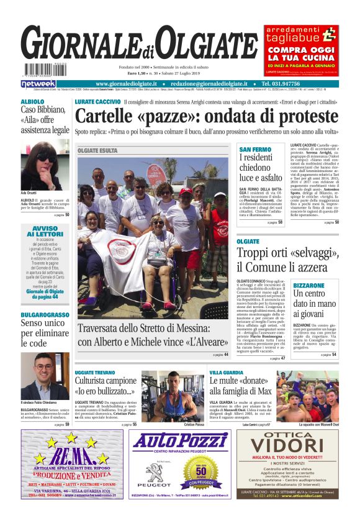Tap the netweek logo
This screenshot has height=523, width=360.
(38, 83)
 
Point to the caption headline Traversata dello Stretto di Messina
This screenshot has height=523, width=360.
(153, 335)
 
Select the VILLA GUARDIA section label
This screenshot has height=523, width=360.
(226, 371)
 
